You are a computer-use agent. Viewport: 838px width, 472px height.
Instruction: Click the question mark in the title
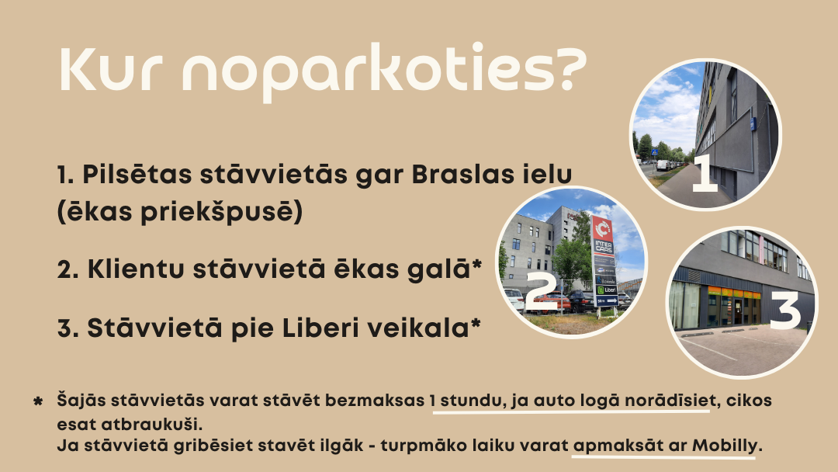click(x=568, y=68)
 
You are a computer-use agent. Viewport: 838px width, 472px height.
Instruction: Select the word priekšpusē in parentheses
click(x=221, y=212)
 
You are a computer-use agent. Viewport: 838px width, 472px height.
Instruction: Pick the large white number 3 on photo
click(x=785, y=310)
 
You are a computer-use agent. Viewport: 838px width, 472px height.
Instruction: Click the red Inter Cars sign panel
click(x=603, y=235)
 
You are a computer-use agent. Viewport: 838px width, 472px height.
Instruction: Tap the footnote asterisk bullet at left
click(x=38, y=401)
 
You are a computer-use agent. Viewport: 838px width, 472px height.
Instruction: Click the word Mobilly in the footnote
click(x=725, y=446)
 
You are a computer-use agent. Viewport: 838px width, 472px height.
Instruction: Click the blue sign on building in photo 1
click(x=753, y=124)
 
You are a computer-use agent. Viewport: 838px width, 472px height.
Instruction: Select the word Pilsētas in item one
click(x=137, y=174)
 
